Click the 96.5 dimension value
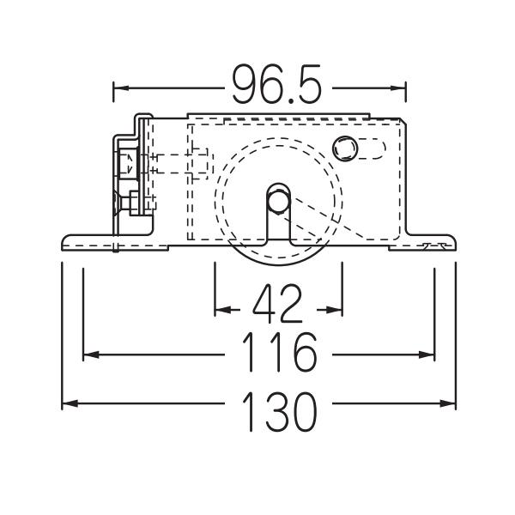[x=276, y=84]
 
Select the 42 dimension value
[x=277, y=304]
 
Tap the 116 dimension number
[x=280, y=352]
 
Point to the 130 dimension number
[x=280, y=411]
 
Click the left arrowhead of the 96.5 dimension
[x=121, y=88]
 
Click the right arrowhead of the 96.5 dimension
[x=398, y=88]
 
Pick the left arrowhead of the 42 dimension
[x=222, y=310]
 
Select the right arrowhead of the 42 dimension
[x=335, y=310]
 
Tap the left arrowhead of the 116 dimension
[x=91, y=354]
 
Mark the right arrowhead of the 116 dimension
[x=427, y=354]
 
